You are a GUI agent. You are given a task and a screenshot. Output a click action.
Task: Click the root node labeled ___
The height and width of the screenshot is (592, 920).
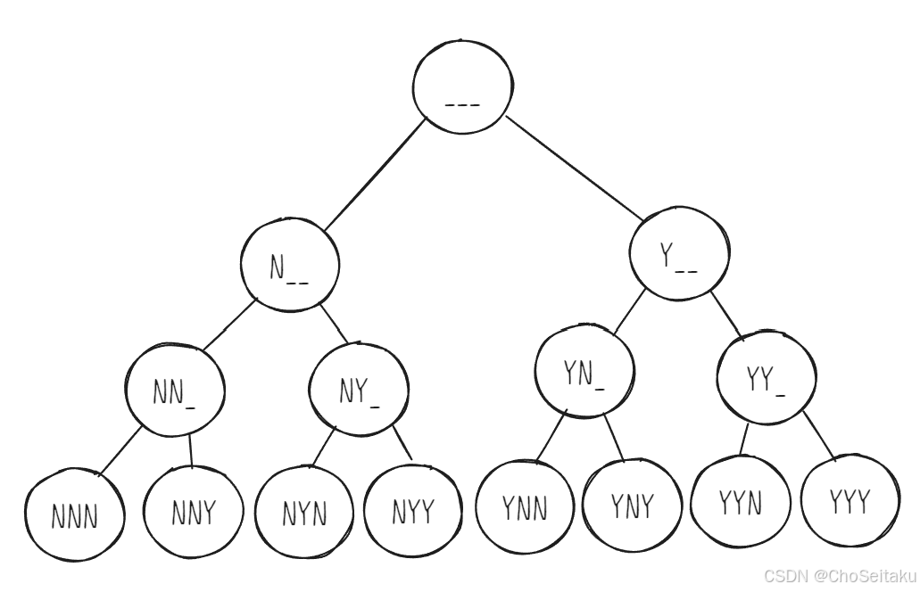(463, 90)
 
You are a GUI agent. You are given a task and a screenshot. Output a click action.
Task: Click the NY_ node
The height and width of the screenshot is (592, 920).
(359, 390)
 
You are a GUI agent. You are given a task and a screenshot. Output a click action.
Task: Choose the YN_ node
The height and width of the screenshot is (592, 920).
(584, 374)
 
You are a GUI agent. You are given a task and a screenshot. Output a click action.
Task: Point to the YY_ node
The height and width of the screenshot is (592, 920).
(767, 380)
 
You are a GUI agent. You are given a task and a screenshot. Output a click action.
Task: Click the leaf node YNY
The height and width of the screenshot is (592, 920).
(632, 505)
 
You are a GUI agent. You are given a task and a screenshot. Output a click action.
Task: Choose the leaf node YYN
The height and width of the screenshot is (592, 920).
(741, 502)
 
